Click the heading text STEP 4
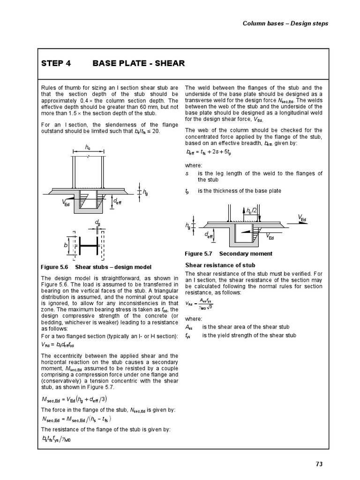click(x=56, y=63)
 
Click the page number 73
click(x=319, y=464)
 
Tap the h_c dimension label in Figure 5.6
click(x=88, y=147)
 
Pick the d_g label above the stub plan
click(x=97, y=222)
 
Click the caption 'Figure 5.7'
click(x=199, y=254)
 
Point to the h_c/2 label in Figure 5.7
click(x=252, y=211)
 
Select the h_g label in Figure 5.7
click(x=188, y=226)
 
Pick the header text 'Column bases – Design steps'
click(x=285, y=23)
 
